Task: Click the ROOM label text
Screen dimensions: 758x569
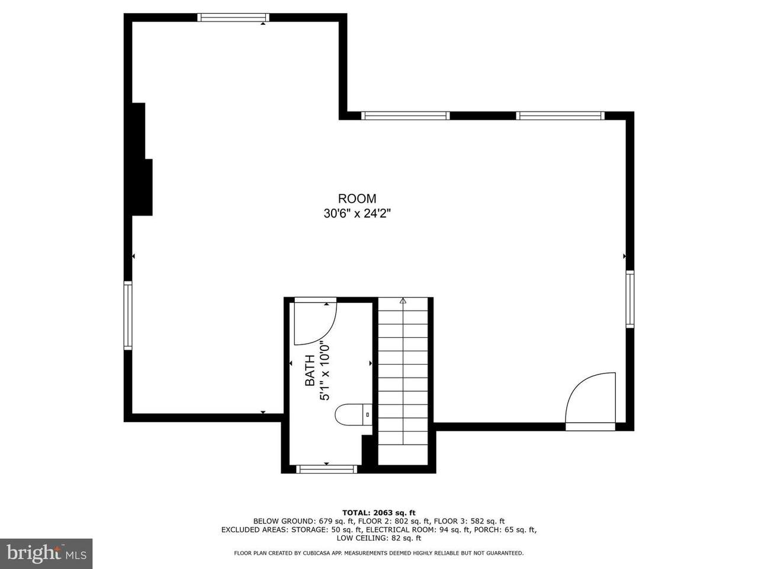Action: point(357,199)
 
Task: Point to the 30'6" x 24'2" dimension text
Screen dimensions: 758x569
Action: point(357,214)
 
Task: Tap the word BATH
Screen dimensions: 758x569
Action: point(310,370)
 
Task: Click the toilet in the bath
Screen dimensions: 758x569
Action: point(353,414)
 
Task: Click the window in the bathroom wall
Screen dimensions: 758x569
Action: point(327,469)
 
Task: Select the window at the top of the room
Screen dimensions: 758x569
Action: point(233,17)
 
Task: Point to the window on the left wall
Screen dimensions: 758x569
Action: point(128,315)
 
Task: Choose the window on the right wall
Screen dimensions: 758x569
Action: point(630,299)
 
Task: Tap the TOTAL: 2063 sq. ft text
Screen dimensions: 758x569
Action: point(379,513)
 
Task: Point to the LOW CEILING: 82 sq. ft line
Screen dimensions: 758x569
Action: point(379,538)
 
